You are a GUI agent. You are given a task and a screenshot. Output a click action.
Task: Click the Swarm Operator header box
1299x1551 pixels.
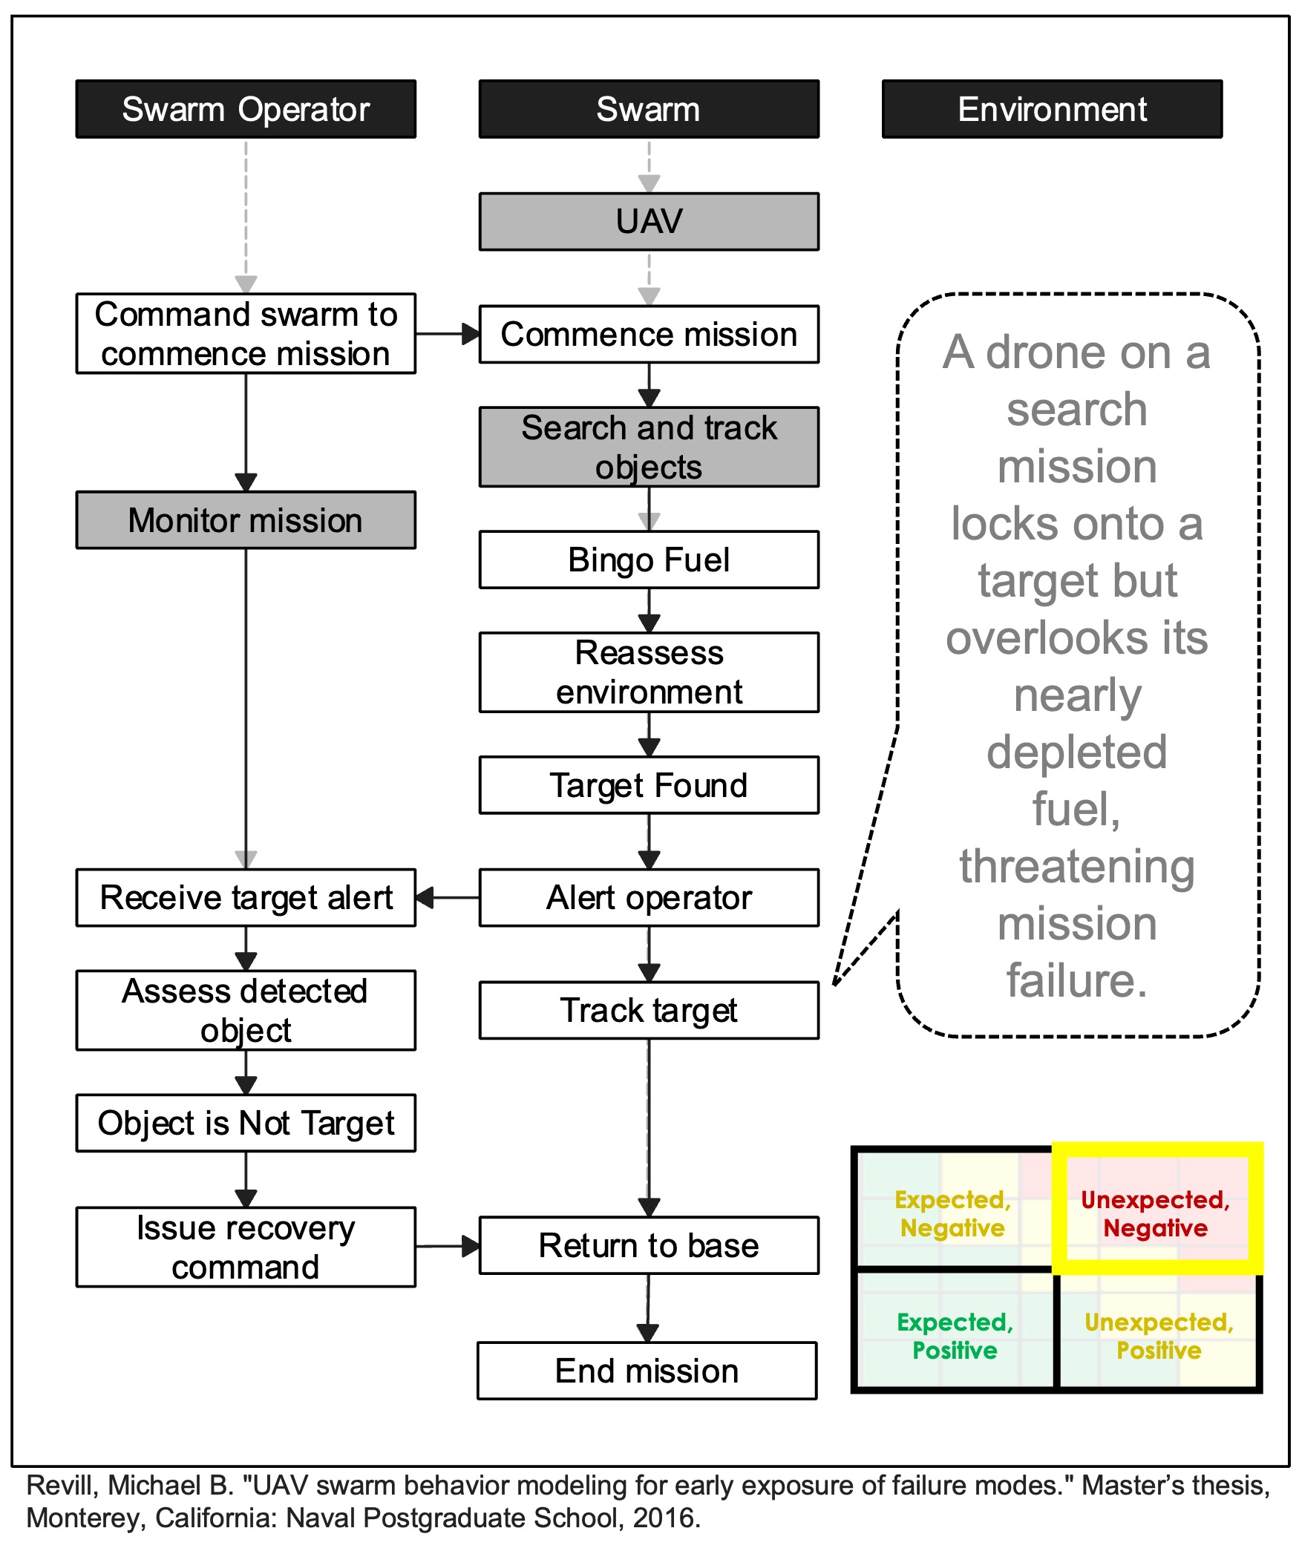point(246,109)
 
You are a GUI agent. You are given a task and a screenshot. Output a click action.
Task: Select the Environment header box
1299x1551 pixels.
point(1052,109)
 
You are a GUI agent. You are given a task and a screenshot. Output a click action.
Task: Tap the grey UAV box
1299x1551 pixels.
point(649,221)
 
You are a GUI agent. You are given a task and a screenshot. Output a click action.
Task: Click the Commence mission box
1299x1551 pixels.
point(649,334)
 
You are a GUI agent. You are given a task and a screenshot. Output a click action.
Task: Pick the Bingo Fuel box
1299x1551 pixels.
point(649,560)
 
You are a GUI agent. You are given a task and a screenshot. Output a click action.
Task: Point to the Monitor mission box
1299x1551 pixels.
point(246,519)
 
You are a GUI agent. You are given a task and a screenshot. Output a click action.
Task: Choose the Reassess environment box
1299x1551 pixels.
point(649,672)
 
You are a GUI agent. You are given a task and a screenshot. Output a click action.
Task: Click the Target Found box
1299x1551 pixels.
point(649,785)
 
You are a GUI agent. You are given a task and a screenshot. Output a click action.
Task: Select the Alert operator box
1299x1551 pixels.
point(649,897)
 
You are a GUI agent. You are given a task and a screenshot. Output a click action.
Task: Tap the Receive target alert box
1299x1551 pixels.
point(246,897)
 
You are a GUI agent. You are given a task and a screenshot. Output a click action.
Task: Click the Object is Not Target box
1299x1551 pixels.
point(246,1123)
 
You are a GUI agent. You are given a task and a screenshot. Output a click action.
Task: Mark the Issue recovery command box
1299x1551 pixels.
point(246,1247)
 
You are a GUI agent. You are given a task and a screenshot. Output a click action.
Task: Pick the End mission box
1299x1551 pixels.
point(647,1371)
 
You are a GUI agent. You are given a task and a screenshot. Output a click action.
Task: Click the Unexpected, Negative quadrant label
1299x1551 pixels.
point(1155,1214)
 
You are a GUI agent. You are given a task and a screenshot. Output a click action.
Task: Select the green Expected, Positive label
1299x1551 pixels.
point(955,1336)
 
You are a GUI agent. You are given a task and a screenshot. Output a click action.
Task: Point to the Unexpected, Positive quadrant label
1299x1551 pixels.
point(1159,1336)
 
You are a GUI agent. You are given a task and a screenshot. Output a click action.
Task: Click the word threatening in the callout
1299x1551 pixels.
point(1077,866)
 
